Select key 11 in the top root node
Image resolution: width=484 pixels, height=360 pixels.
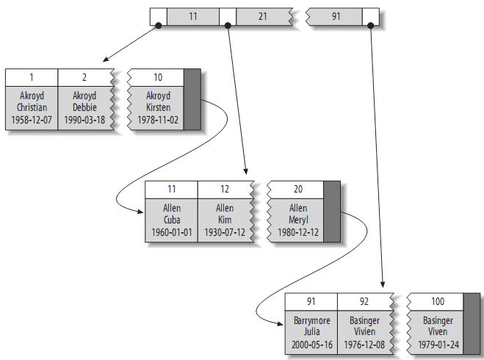click(x=193, y=15)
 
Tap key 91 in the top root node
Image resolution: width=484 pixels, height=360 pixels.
click(x=336, y=15)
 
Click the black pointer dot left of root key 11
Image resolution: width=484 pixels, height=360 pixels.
click(x=158, y=26)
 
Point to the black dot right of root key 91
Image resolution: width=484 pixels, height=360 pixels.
click(x=371, y=26)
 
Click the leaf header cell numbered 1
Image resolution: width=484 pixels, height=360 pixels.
click(x=32, y=77)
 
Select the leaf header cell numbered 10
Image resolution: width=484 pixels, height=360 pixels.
click(x=158, y=77)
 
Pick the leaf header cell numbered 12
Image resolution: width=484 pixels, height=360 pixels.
click(x=225, y=190)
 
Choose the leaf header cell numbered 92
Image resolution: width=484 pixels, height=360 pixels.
click(x=364, y=301)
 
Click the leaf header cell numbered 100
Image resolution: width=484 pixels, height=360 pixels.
click(x=438, y=301)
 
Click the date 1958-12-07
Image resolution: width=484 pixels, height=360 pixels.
click(x=32, y=120)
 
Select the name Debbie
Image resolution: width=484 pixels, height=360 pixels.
click(x=84, y=108)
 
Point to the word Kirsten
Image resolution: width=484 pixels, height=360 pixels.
click(x=158, y=108)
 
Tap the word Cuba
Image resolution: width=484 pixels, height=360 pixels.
click(x=172, y=220)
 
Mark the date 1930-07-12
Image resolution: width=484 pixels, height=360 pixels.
click(x=225, y=232)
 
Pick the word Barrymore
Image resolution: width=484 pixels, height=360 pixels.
click(x=311, y=321)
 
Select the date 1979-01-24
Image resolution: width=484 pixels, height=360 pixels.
click(x=438, y=345)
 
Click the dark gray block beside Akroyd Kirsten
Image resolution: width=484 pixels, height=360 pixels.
click(x=192, y=100)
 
